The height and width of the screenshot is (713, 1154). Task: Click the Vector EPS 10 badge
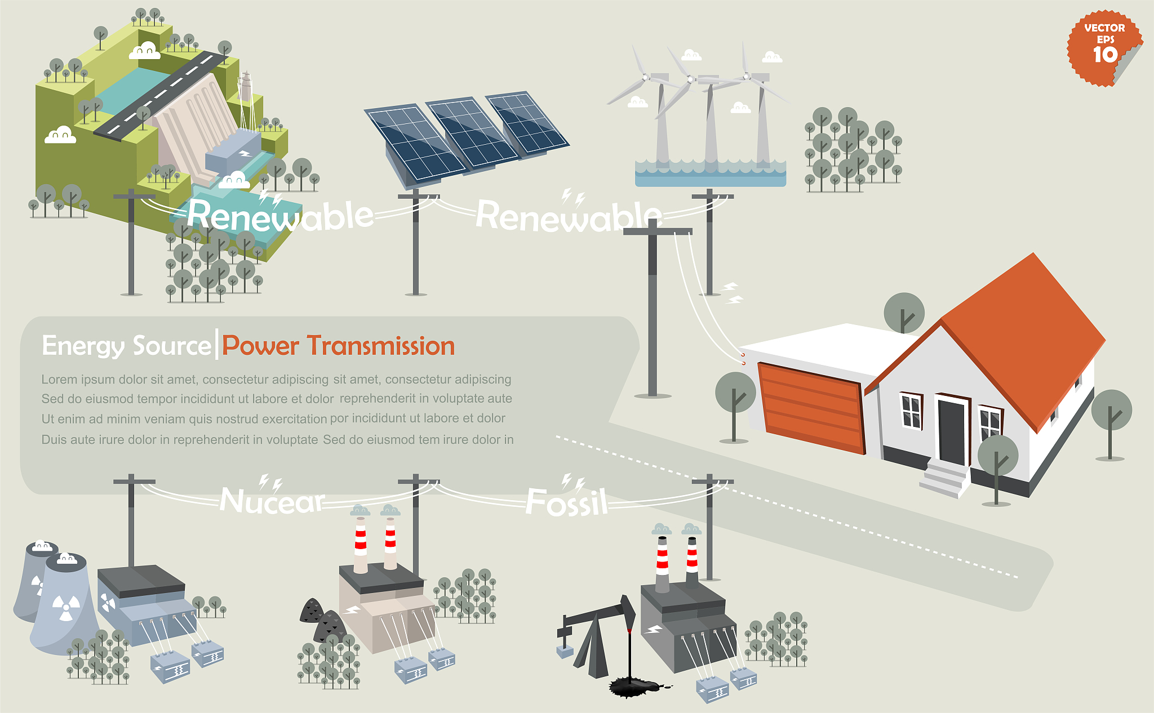coord(1104,48)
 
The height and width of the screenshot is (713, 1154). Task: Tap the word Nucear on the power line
coord(273,500)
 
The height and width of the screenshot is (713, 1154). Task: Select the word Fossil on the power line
coord(567,502)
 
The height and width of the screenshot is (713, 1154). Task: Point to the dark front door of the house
coord(951,431)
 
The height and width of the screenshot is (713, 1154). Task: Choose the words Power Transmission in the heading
coord(338,346)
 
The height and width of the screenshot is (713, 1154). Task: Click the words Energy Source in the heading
coord(127,346)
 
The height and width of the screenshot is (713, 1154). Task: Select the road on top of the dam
coord(161,93)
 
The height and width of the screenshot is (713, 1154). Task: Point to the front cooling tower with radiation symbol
coord(65,603)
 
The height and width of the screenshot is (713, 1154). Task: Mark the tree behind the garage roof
coord(904,313)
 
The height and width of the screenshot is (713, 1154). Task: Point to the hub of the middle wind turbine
coord(690,79)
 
